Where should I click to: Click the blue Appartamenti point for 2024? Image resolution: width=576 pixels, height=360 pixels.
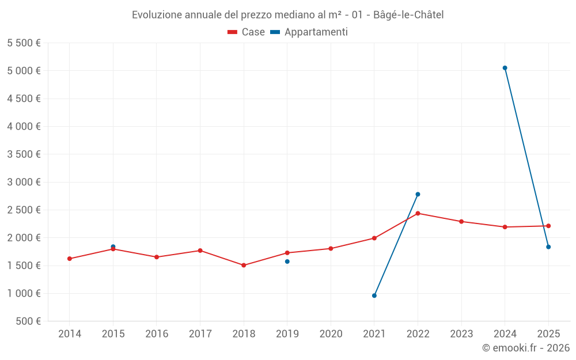(505, 68)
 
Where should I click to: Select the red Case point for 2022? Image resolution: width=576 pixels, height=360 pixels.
(418, 213)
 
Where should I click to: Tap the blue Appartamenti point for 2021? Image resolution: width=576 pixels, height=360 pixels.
(374, 295)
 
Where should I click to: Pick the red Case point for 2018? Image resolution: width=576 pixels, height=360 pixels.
(244, 265)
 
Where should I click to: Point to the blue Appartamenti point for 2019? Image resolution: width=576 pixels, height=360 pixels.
(287, 262)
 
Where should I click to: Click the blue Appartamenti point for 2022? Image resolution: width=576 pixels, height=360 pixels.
(418, 194)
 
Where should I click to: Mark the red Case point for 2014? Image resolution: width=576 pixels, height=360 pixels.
(70, 259)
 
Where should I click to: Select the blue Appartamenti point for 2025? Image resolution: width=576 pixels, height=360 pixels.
(548, 247)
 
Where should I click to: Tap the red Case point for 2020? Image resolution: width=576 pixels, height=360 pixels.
(331, 248)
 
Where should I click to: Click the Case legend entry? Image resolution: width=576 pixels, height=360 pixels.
(247, 32)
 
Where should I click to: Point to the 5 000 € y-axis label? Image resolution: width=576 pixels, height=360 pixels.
(24, 71)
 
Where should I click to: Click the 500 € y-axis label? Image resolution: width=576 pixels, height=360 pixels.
(27, 321)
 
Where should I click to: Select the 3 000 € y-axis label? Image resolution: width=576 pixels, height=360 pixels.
(24, 182)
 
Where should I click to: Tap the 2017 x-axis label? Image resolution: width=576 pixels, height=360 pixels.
(200, 334)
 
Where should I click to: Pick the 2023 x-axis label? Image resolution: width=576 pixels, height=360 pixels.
(461, 334)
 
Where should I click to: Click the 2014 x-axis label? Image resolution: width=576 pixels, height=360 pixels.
(70, 334)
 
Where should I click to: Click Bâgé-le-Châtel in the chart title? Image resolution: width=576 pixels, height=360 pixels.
(408, 14)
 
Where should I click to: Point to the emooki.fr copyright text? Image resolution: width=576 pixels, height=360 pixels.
(526, 348)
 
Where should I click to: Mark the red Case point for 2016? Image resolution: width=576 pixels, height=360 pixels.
(157, 257)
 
